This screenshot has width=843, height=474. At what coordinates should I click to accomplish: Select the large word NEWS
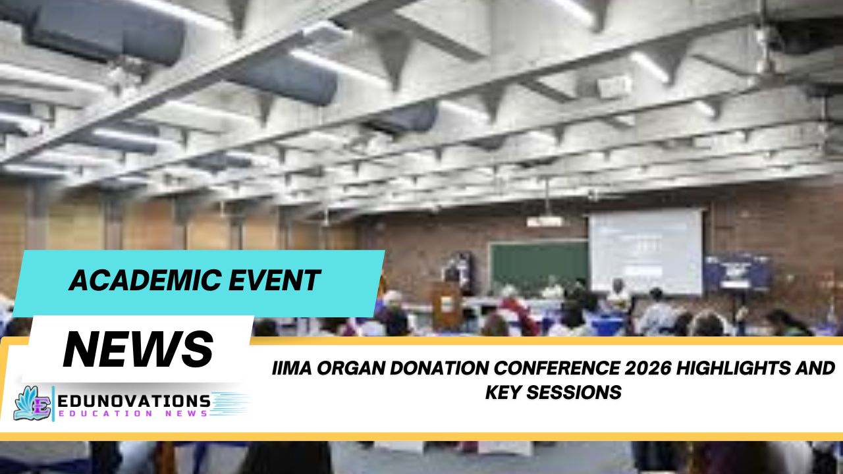[x=138, y=348]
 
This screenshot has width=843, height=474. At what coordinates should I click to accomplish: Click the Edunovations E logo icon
[x=32, y=403]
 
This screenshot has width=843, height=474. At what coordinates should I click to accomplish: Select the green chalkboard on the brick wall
[x=537, y=266]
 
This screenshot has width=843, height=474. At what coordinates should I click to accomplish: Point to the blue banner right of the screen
[x=738, y=271]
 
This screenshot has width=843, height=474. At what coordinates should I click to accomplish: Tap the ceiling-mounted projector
[x=545, y=221]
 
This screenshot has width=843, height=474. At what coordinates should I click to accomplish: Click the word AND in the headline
[x=817, y=368]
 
